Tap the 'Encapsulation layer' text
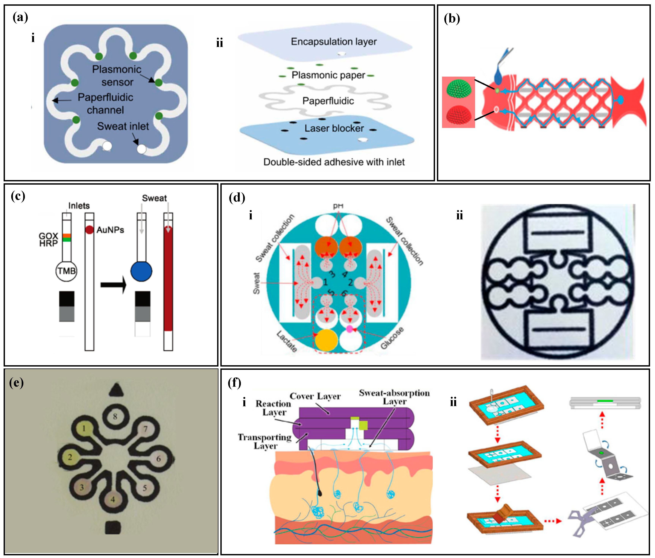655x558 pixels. [334, 41]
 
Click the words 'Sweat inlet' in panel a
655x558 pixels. [123, 126]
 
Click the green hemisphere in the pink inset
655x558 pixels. [459, 89]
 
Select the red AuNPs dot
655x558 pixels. [89, 230]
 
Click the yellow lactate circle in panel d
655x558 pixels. [326, 340]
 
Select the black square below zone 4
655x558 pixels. [113, 527]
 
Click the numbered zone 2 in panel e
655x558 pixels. [70, 457]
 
